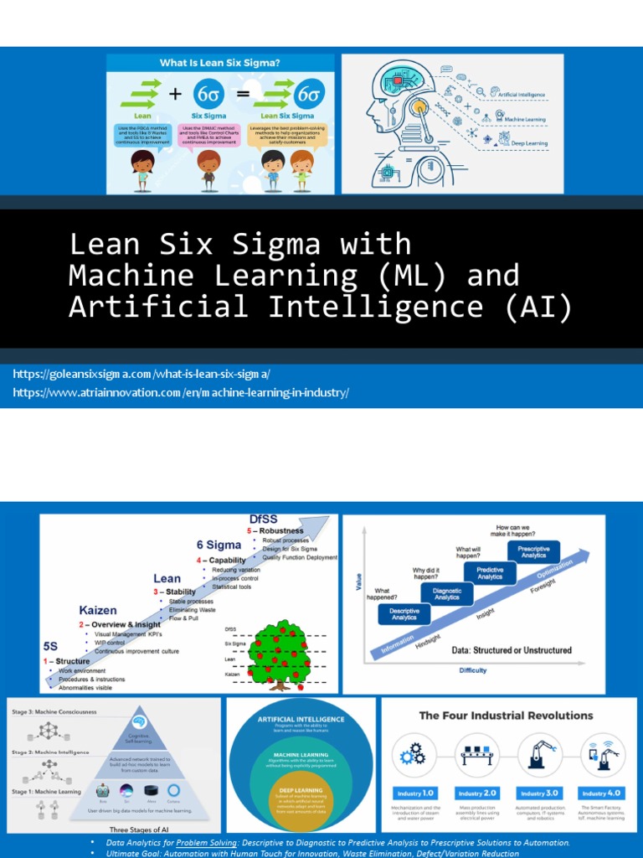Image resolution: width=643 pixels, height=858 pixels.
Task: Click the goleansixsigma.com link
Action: point(141,374)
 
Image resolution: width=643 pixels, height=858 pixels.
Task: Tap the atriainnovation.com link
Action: point(181,392)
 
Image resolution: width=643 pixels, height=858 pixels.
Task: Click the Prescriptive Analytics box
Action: point(533,552)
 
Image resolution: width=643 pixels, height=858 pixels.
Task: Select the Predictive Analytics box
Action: point(491,573)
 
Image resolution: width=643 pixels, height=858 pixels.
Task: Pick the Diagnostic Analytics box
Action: point(446,593)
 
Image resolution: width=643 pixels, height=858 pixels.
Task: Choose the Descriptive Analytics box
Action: point(404,613)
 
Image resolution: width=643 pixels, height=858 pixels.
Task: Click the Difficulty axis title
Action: point(472,670)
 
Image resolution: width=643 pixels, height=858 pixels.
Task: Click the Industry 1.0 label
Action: point(416,793)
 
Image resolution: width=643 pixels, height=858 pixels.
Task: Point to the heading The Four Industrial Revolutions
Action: point(506,716)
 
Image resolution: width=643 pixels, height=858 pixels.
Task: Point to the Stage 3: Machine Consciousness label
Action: point(54,712)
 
